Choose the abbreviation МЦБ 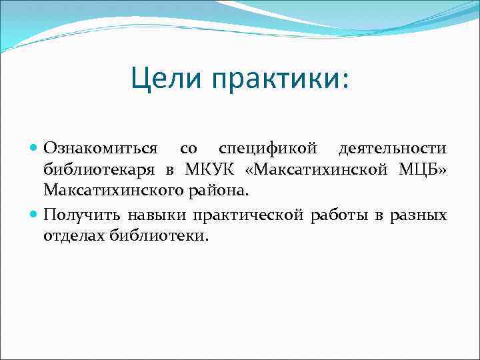pyautogui.click(x=421, y=169)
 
